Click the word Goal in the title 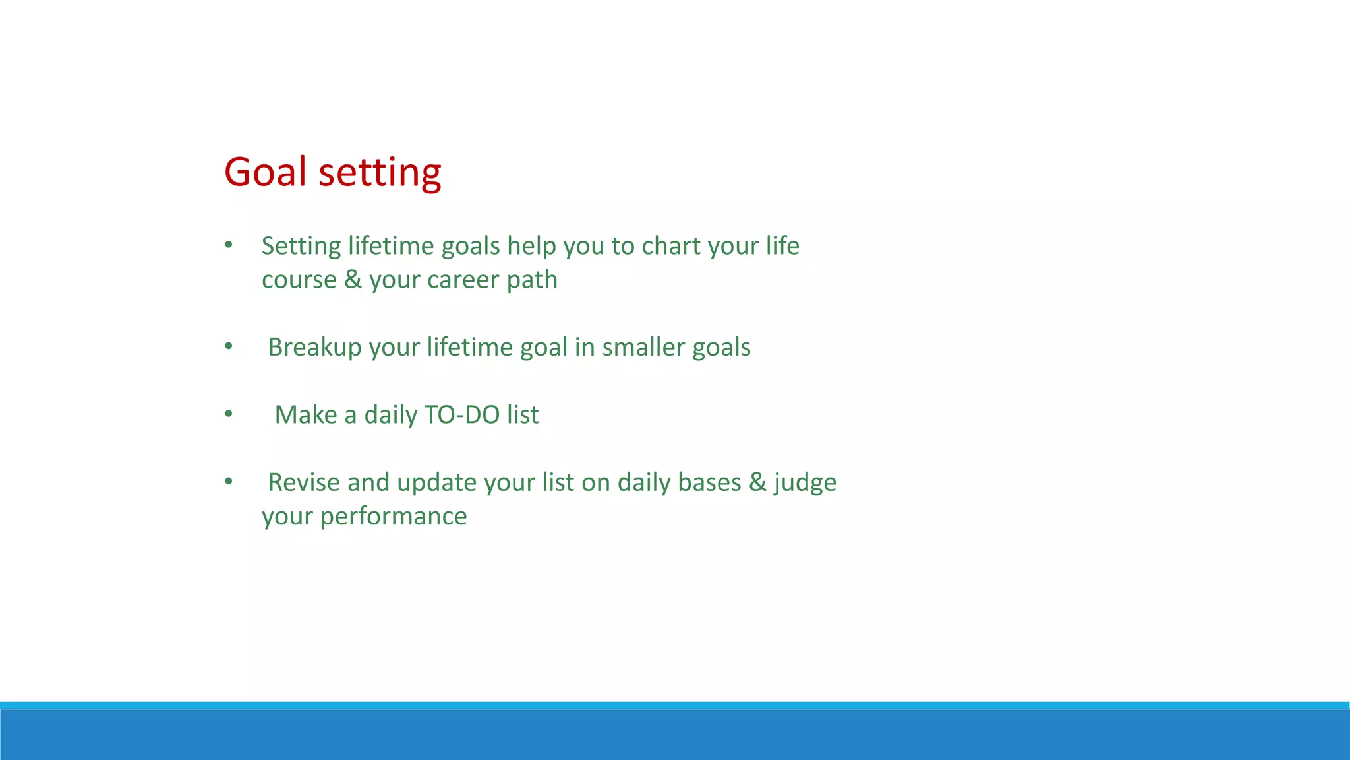coord(266,172)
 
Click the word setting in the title coord(380,174)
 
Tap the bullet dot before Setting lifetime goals coord(229,245)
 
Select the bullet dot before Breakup coord(229,346)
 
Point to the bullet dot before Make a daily coord(229,414)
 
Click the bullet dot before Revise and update coord(229,481)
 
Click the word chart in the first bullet coord(671,246)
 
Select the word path coord(532,280)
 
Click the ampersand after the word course coord(353,280)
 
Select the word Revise coord(304,482)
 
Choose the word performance coord(393,517)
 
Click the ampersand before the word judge coord(757,482)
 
